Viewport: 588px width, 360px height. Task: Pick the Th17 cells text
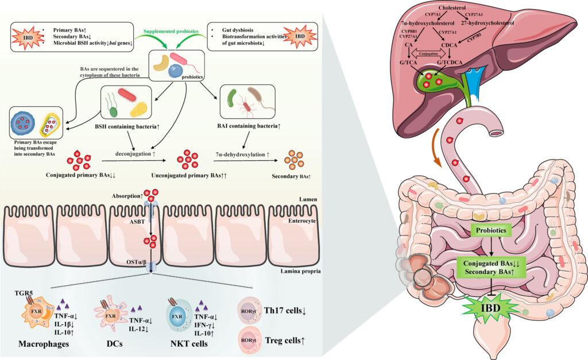point(284,311)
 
